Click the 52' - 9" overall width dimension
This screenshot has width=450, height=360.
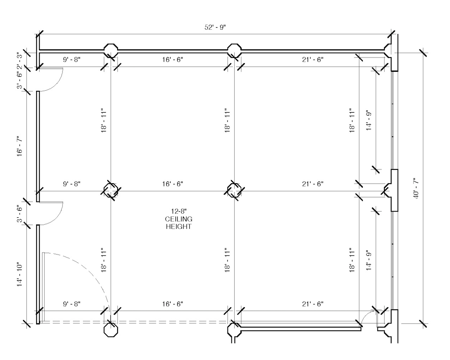click(215, 27)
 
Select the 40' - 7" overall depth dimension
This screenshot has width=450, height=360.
click(416, 188)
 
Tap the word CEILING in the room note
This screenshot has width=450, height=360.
click(178, 219)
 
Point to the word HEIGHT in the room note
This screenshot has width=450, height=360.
click(178, 227)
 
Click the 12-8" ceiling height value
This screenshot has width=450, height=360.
click(178, 212)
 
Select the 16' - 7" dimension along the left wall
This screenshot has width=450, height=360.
click(19, 146)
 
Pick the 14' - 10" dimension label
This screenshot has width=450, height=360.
click(19, 274)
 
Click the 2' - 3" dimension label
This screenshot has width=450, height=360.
click(19, 60)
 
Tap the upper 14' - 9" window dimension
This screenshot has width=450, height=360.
click(369, 120)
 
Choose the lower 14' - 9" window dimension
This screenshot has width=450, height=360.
click(369, 260)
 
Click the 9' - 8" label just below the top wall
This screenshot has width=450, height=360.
click(72, 60)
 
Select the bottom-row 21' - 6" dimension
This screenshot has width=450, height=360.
click(313, 304)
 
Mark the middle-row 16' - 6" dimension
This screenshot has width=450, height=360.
click(172, 184)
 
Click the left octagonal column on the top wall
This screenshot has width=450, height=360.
click(111, 51)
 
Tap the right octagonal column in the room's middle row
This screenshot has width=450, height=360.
click(234, 190)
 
